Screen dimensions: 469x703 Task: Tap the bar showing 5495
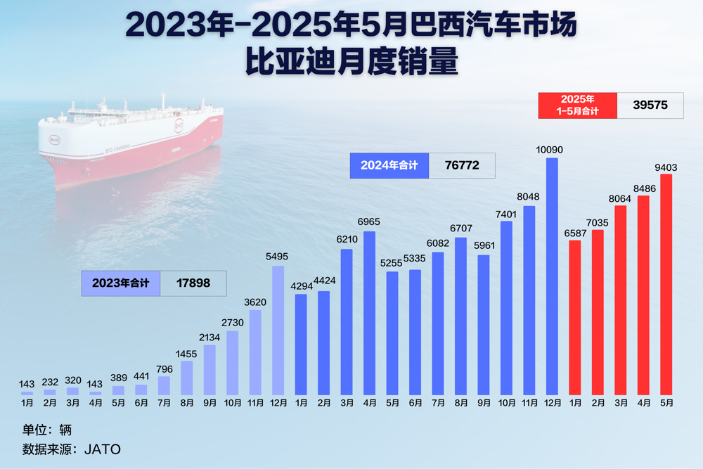[x=278, y=330]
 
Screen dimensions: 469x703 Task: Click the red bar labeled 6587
[x=575, y=317]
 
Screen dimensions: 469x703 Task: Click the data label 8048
[x=529, y=198]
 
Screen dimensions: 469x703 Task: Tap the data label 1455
[x=187, y=353]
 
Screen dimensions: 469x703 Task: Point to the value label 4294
[x=301, y=286]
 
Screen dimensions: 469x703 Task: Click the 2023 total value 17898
[x=193, y=283]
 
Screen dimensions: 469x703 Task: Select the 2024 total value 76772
[x=462, y=165]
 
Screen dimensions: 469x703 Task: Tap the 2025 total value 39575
[x=650, y=105]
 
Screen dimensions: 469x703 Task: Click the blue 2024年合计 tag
[x=389, y=165]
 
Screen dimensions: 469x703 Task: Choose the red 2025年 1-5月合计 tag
[x=577, y=105]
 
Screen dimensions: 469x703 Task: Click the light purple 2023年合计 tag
[x=120, y=283]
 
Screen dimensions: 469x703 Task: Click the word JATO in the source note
[x=103, y=448]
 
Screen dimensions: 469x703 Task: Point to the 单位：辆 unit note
[x=47, y=429]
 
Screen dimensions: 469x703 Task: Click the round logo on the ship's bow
[x=54, y=141]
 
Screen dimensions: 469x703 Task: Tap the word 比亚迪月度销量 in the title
[x=351, y=63]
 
